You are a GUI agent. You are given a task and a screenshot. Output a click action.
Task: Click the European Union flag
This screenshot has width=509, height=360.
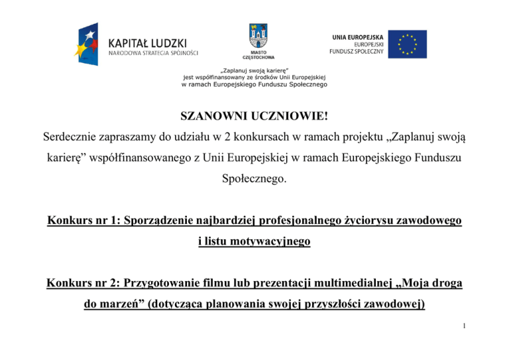point(408,44)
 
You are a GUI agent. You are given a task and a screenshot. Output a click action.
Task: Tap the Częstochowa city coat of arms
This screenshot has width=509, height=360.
point(258,35)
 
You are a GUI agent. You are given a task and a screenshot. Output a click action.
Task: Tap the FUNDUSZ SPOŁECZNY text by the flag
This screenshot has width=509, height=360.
point(356,51)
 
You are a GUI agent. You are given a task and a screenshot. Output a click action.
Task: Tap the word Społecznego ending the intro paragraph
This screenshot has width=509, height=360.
point(254,178)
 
